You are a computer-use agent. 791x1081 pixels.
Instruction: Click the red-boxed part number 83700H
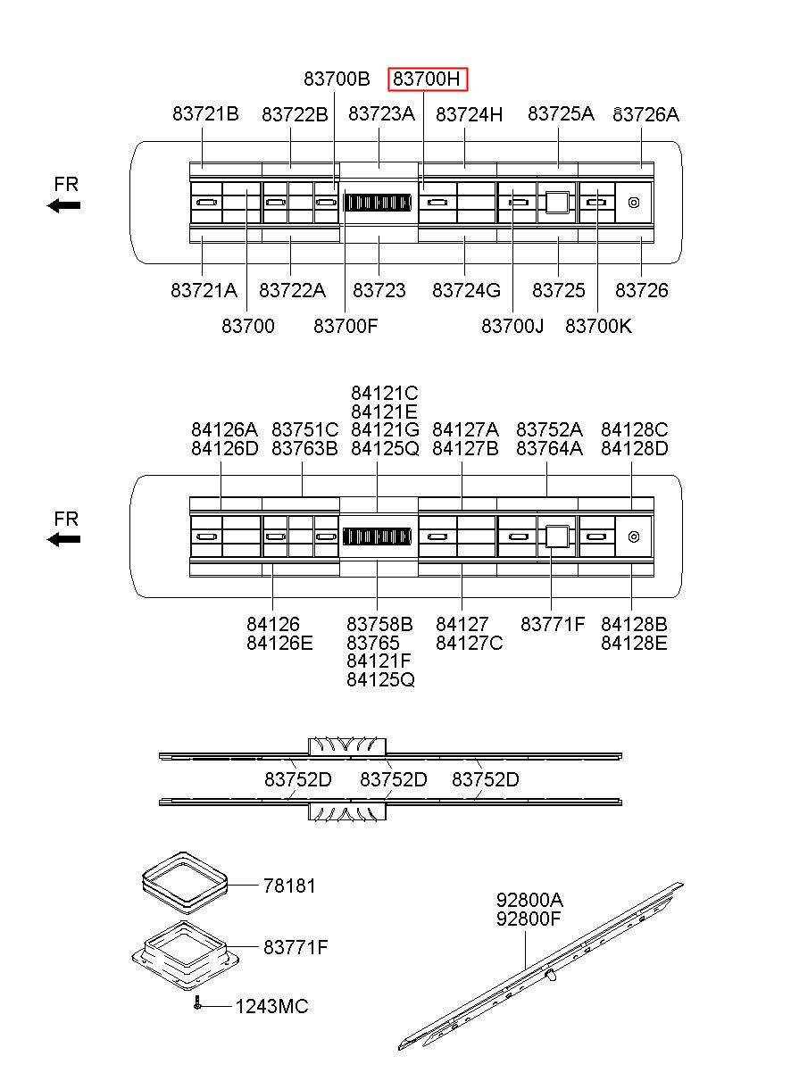[428, 79]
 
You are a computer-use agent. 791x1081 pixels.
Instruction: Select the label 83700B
[337, 79]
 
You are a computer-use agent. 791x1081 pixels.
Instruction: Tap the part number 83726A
[646, 114]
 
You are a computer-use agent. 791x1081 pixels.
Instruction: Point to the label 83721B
[205, 114]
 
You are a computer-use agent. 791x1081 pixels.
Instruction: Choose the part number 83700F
[346, 326]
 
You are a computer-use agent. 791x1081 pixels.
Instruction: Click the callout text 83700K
[598, 326]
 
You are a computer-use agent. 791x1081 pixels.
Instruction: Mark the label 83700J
[512, 326]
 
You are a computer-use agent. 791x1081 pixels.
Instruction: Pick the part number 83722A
[292, 290]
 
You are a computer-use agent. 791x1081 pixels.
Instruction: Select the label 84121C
[384, 394]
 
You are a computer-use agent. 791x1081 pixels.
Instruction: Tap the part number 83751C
[304, 430]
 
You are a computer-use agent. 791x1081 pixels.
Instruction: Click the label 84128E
[634, 643]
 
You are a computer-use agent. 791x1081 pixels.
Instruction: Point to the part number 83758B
[379, 624]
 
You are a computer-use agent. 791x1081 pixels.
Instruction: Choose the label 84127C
[469, 643]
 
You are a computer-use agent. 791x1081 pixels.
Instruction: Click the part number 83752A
[549, 430]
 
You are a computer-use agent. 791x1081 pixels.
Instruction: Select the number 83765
[372, 643]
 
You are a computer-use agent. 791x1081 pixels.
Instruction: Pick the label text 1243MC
[271, 1007]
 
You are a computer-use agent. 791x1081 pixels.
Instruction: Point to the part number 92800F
[529, 918]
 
